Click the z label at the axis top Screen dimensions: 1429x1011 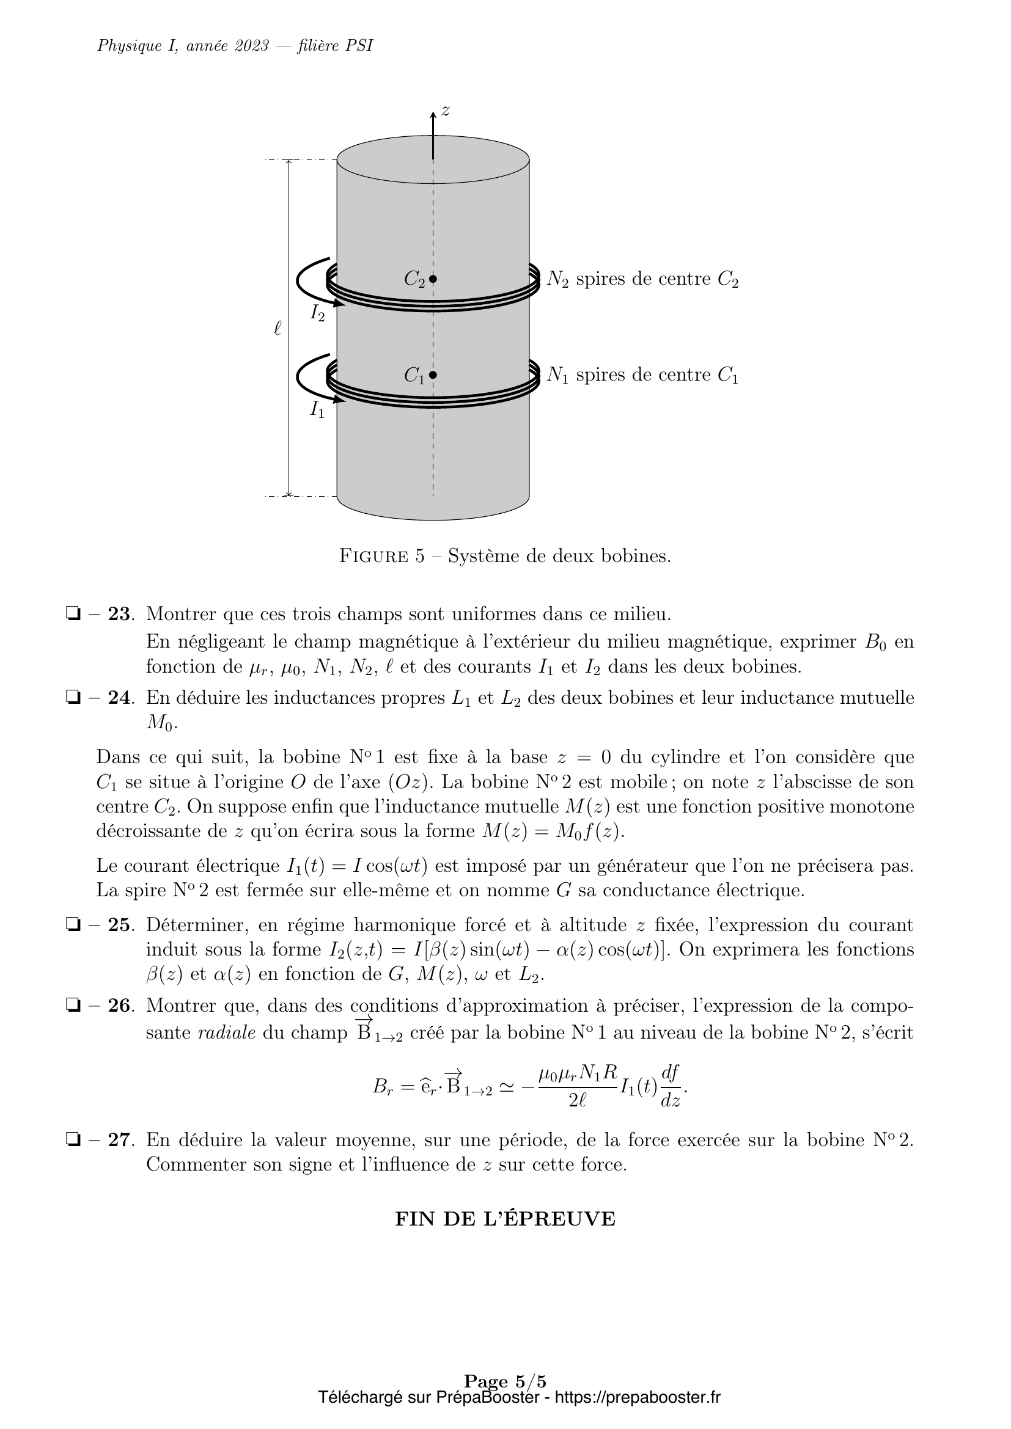[446, 111]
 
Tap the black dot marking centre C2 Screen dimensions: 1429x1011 [433, 279]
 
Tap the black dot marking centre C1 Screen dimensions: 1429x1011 [433, 375]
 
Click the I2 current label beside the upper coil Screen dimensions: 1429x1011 [317, 312]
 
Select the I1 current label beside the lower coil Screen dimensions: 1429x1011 [317, 409]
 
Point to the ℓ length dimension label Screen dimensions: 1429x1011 [278, 328]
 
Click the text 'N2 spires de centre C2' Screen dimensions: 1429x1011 [642, 279]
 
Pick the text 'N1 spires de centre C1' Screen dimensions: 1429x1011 [642, 375]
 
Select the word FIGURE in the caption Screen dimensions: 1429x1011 [373, 556]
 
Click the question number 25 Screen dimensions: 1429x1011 [119, 926]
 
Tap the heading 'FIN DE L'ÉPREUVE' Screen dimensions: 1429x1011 [505, 1219]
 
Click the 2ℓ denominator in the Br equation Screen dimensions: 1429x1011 [578, 1100]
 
